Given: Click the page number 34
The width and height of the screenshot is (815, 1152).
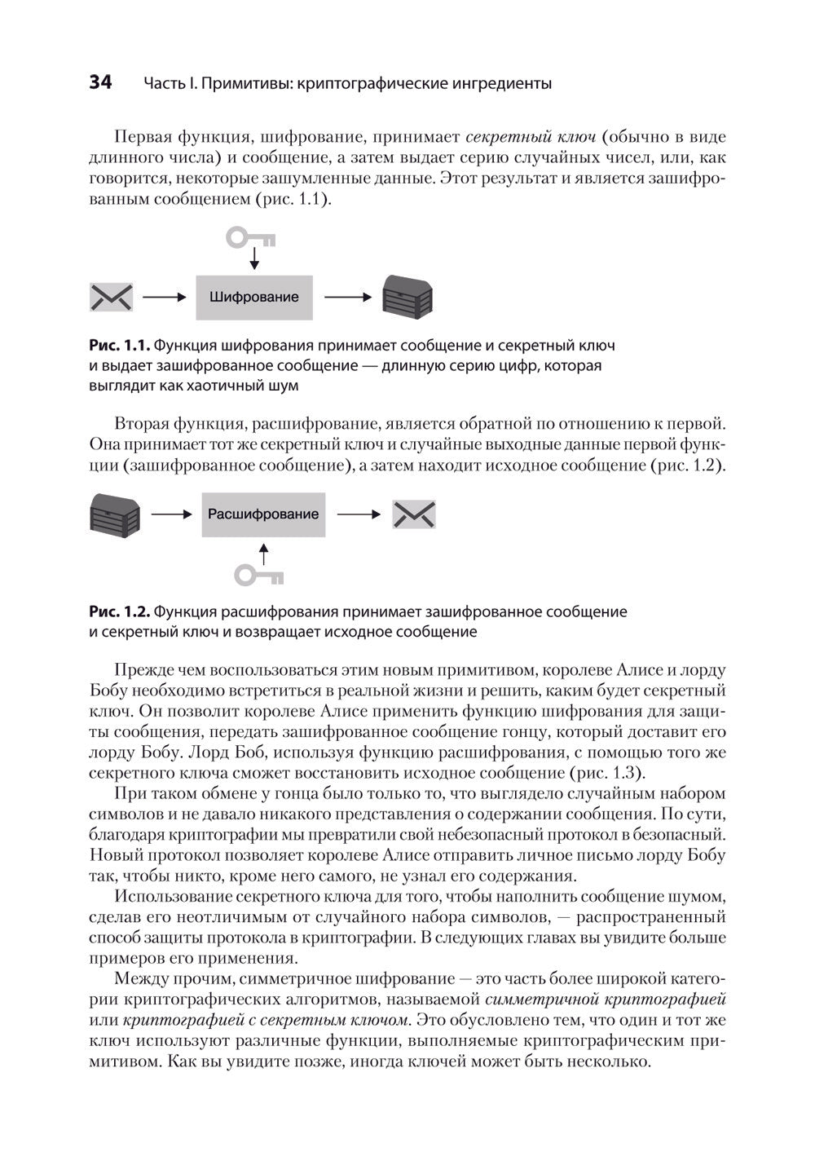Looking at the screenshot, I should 101,82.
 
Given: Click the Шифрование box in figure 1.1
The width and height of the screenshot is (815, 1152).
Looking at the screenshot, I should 253,298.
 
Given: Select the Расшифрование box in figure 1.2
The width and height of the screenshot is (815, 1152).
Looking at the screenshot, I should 263,514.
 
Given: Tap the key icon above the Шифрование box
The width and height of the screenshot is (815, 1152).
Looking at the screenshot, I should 250,237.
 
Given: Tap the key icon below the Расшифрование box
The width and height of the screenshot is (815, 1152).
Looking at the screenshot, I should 259,576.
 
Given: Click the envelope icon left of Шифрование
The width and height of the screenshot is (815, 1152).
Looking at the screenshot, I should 111,298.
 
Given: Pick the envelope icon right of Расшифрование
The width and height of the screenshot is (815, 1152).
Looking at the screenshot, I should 414,514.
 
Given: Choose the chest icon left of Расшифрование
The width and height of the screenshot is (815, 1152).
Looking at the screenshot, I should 114,514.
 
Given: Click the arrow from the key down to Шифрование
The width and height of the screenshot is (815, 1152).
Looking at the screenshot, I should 254,259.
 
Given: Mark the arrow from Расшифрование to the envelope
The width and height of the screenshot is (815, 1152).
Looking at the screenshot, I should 359,514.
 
